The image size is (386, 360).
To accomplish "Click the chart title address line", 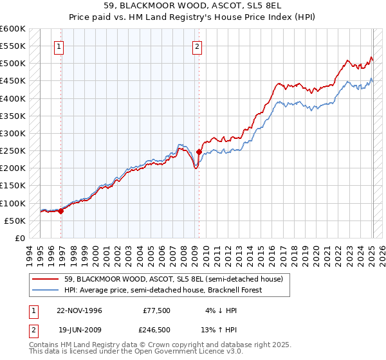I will coord(192,5).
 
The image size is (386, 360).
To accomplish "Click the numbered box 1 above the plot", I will coord(59,46).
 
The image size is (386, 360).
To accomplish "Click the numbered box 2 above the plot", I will coord(196,46).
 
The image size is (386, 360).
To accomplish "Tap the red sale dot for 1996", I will coord(61,210).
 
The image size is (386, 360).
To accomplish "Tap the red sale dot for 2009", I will coord(199,152).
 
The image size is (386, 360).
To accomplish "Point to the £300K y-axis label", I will coord(13,134).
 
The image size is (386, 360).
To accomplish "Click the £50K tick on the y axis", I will coord(15,221).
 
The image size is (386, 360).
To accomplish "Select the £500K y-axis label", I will coord(13,64).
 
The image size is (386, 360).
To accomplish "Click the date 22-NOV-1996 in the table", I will coord(79,310).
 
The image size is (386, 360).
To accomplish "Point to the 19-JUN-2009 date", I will coord(79,330).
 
